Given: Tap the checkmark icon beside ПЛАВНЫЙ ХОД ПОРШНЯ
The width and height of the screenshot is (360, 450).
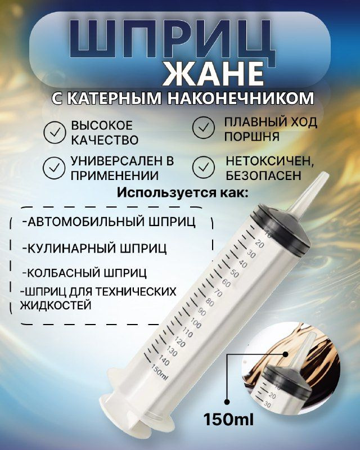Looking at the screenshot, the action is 203,128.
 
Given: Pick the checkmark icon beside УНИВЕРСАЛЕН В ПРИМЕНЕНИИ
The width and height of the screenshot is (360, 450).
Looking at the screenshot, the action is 54,168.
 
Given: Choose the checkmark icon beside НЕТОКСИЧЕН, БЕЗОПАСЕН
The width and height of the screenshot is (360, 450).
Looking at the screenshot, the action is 203,167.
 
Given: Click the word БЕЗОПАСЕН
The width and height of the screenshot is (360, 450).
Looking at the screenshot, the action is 263,175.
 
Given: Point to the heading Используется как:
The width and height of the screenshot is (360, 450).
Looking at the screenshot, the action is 183,192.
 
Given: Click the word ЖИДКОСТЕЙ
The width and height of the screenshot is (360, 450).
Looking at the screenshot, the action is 56,305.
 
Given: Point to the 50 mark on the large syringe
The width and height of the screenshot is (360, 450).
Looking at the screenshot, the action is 235,274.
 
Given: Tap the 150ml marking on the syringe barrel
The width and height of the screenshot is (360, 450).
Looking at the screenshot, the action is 159,373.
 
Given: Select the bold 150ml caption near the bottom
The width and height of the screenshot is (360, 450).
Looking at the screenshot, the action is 228,419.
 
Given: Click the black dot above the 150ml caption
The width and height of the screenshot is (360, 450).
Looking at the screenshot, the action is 227,402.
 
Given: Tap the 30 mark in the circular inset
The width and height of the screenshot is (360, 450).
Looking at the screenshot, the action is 267,404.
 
